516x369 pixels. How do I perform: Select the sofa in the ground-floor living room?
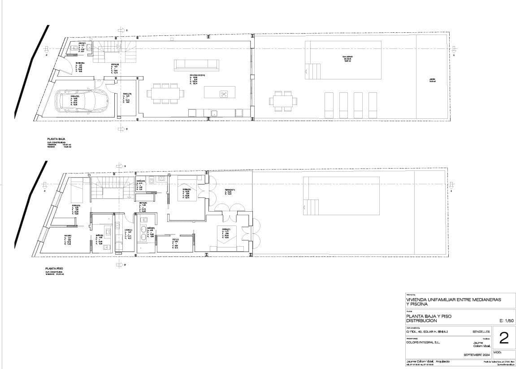196,65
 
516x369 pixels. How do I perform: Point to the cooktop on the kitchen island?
223,93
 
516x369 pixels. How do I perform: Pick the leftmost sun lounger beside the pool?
330,105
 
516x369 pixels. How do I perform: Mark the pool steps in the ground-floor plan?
313,71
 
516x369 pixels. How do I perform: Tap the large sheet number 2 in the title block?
503,339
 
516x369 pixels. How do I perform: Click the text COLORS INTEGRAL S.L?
423,342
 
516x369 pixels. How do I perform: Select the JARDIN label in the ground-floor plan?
432,81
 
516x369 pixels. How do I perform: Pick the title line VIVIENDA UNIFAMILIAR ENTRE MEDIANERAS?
453,299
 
